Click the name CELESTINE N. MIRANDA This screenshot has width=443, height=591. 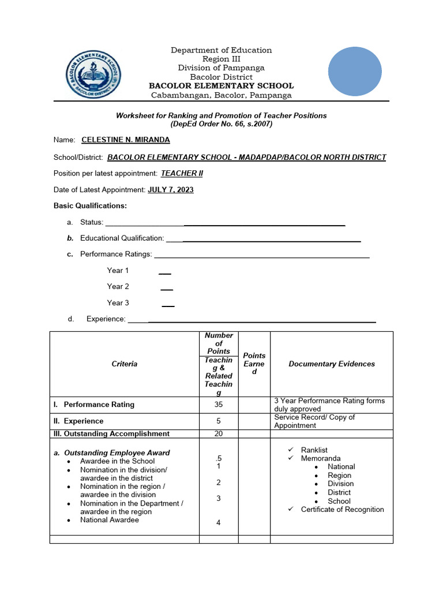pos(126,140)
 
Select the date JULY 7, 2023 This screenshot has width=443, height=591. pos(171,189)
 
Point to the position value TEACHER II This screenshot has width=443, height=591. pos(182,173)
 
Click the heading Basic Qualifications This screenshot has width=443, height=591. pos(90,205)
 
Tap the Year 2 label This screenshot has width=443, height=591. pos(118,286)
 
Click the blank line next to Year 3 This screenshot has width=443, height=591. pos(168,304)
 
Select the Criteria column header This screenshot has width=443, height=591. pos(125,364)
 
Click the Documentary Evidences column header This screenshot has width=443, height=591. pos(332,364)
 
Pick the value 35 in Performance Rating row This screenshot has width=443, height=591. pos(219,405)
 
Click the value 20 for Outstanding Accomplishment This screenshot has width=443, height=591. pos(219,433)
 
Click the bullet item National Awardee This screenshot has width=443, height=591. pos(110,519)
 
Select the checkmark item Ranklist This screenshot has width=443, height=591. pos(314,450)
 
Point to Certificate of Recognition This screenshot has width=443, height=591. pos(342,509)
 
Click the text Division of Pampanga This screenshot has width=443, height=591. pos(221,68)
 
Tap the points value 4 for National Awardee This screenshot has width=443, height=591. pos(219,522)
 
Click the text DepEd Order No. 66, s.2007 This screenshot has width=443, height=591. pos(221,124)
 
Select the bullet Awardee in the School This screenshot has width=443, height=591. pos(117,461)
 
